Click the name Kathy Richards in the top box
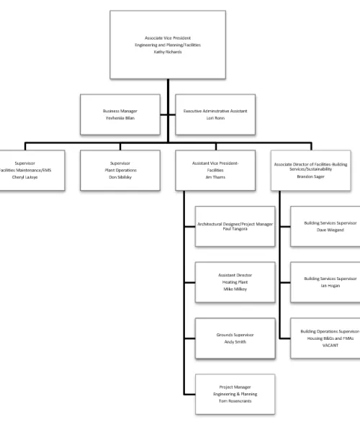[167, 52]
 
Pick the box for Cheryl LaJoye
[32, 170]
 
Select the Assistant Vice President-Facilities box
[215, 170]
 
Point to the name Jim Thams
[215, 177]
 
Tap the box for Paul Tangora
[235, 227]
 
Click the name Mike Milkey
[235, 289]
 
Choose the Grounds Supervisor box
[235, 338]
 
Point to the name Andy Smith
[235, 341]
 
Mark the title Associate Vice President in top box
[167, 37]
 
